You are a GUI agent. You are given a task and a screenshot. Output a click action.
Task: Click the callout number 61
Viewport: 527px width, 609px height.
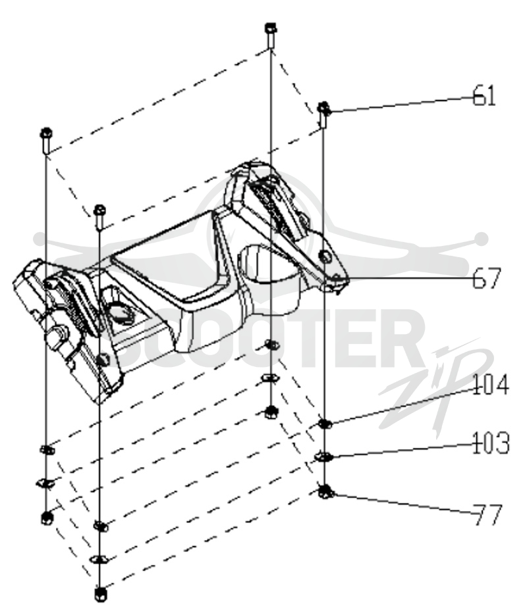[x=484, y=95]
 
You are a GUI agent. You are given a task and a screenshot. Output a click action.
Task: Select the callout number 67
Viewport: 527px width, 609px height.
[x=485, y=278]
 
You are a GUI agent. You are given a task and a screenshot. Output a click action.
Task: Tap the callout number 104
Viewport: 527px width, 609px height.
[x=490, y=385]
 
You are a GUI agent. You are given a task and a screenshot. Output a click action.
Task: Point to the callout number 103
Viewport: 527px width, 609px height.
[x=490, y=443]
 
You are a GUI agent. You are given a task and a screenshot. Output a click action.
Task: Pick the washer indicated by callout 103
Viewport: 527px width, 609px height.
[x=324, y=457]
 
